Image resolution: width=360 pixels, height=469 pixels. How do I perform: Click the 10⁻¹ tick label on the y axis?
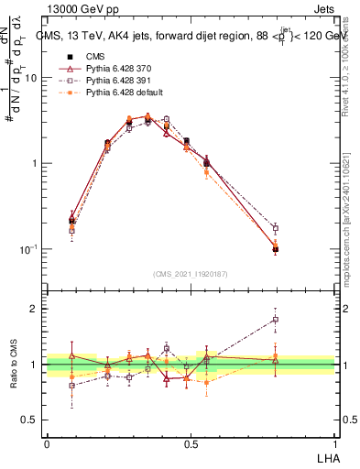pyautogui.click(x=27, y=249)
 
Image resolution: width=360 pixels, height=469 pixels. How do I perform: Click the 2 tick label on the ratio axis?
pyautogui.click(x=34, y=309)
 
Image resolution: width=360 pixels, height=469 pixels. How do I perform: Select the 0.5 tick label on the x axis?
pyautogui.click(x=191, y=442)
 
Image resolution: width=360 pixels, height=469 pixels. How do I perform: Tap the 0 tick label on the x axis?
pyautogui.click(x=47, y=442)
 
